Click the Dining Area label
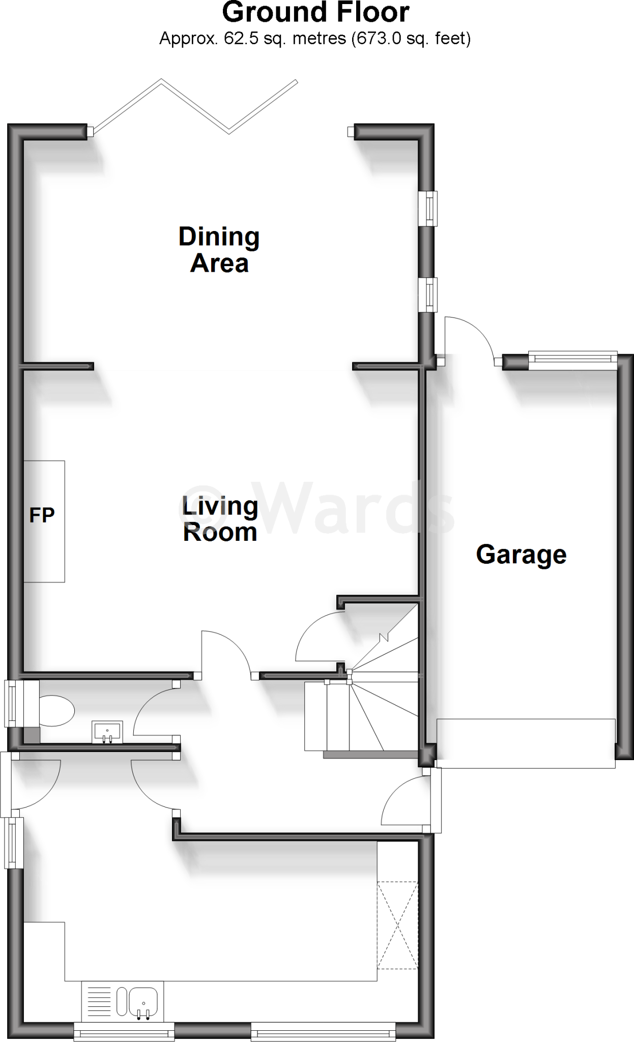tap(219, 250)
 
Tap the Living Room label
tap(220, 519)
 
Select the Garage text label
tap(521, 554)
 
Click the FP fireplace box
tap(44, 521)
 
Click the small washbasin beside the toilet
tap(107, 732)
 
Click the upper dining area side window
tap(429, 208)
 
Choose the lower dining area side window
tap(429, 295)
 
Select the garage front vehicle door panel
tap(526, 742)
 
